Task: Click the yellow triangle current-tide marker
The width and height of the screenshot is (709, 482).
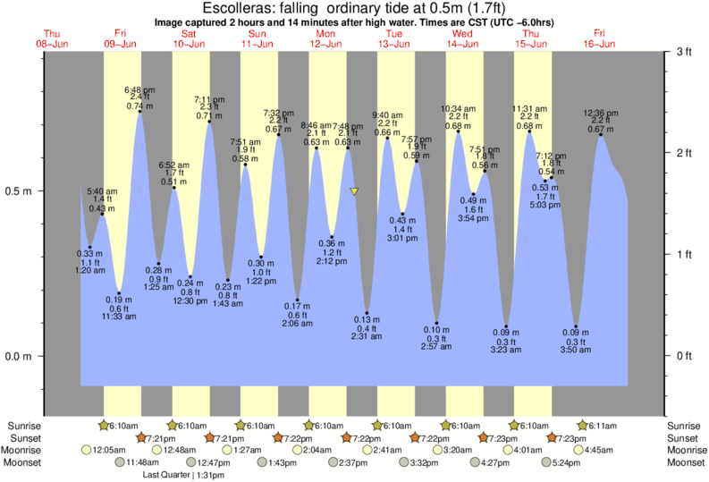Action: click(355, 191)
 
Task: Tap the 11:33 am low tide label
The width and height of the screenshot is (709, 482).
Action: click(120, 317)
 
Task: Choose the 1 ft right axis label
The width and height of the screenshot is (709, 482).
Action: click(684, 255)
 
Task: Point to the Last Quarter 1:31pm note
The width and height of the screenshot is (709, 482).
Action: click(185, 475)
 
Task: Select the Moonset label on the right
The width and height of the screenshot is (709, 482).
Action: click(686, 462)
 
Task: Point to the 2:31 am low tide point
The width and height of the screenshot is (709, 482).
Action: click(367, 314)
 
